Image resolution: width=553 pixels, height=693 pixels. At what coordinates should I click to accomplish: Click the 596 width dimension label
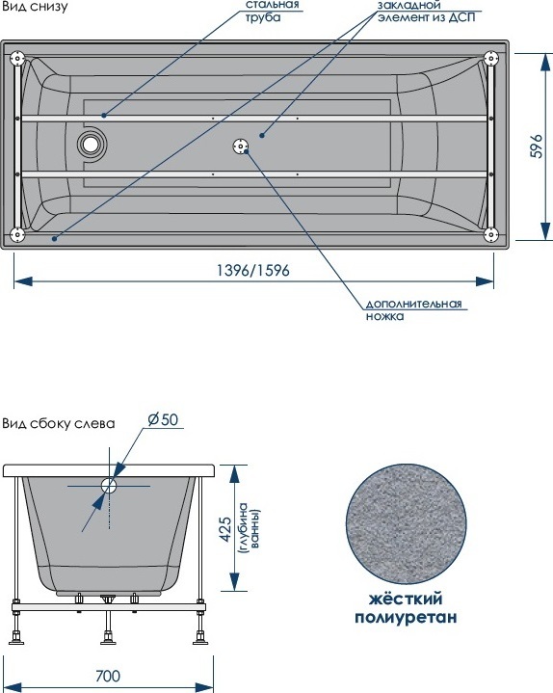coord(537,146)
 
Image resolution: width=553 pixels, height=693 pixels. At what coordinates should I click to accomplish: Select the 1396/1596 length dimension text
coord(253,270)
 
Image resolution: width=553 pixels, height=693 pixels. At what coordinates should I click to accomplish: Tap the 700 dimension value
coord(108,676)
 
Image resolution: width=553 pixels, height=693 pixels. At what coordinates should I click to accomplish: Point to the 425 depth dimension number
coord(224,530)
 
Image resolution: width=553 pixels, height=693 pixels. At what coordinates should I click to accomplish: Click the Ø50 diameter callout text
coord(163,419)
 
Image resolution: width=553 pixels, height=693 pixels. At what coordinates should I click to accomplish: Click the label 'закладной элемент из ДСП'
coord(426,12)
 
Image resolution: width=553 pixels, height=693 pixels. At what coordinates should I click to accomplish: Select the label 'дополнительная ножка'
coord(413,309)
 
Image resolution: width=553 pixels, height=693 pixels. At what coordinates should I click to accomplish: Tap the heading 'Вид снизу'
coord(35,7)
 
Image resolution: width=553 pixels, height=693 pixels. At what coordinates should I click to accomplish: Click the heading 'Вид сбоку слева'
coord(59,423)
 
